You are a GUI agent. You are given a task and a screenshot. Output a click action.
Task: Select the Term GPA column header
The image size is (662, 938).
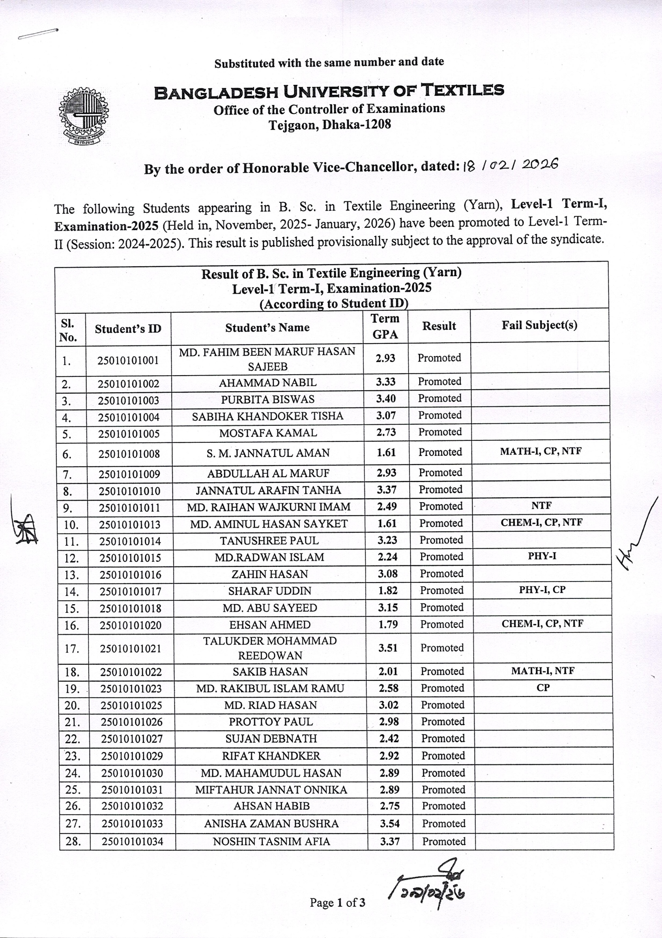click(385, 326)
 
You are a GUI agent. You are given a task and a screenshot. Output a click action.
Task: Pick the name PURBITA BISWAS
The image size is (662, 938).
click(267, 399)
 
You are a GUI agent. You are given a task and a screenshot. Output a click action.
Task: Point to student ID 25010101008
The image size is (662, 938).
click(129, 454)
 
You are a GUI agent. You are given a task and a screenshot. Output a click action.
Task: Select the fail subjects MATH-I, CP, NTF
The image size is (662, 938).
click(541, 451)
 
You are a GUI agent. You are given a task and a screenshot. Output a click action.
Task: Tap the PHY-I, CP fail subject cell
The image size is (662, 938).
click(542, 590)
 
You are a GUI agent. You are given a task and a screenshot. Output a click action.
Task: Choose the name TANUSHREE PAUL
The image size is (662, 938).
click(269, 541)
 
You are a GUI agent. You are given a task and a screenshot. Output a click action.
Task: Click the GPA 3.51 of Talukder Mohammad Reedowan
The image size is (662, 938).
click(388, 647)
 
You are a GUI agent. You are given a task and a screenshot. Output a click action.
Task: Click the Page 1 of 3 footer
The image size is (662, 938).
click(337, 902)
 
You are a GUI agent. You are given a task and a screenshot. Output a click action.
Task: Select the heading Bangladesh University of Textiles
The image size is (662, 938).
click(329, 92)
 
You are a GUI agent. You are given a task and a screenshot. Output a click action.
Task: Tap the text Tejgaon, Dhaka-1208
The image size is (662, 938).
click(330, 124)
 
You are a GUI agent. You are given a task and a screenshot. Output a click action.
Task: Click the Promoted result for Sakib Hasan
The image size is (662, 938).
click(442, 671)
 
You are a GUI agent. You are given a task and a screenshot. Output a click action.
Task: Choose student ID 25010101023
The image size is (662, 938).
click(131, 689)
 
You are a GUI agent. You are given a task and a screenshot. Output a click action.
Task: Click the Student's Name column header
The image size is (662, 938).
click(267, 328)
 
